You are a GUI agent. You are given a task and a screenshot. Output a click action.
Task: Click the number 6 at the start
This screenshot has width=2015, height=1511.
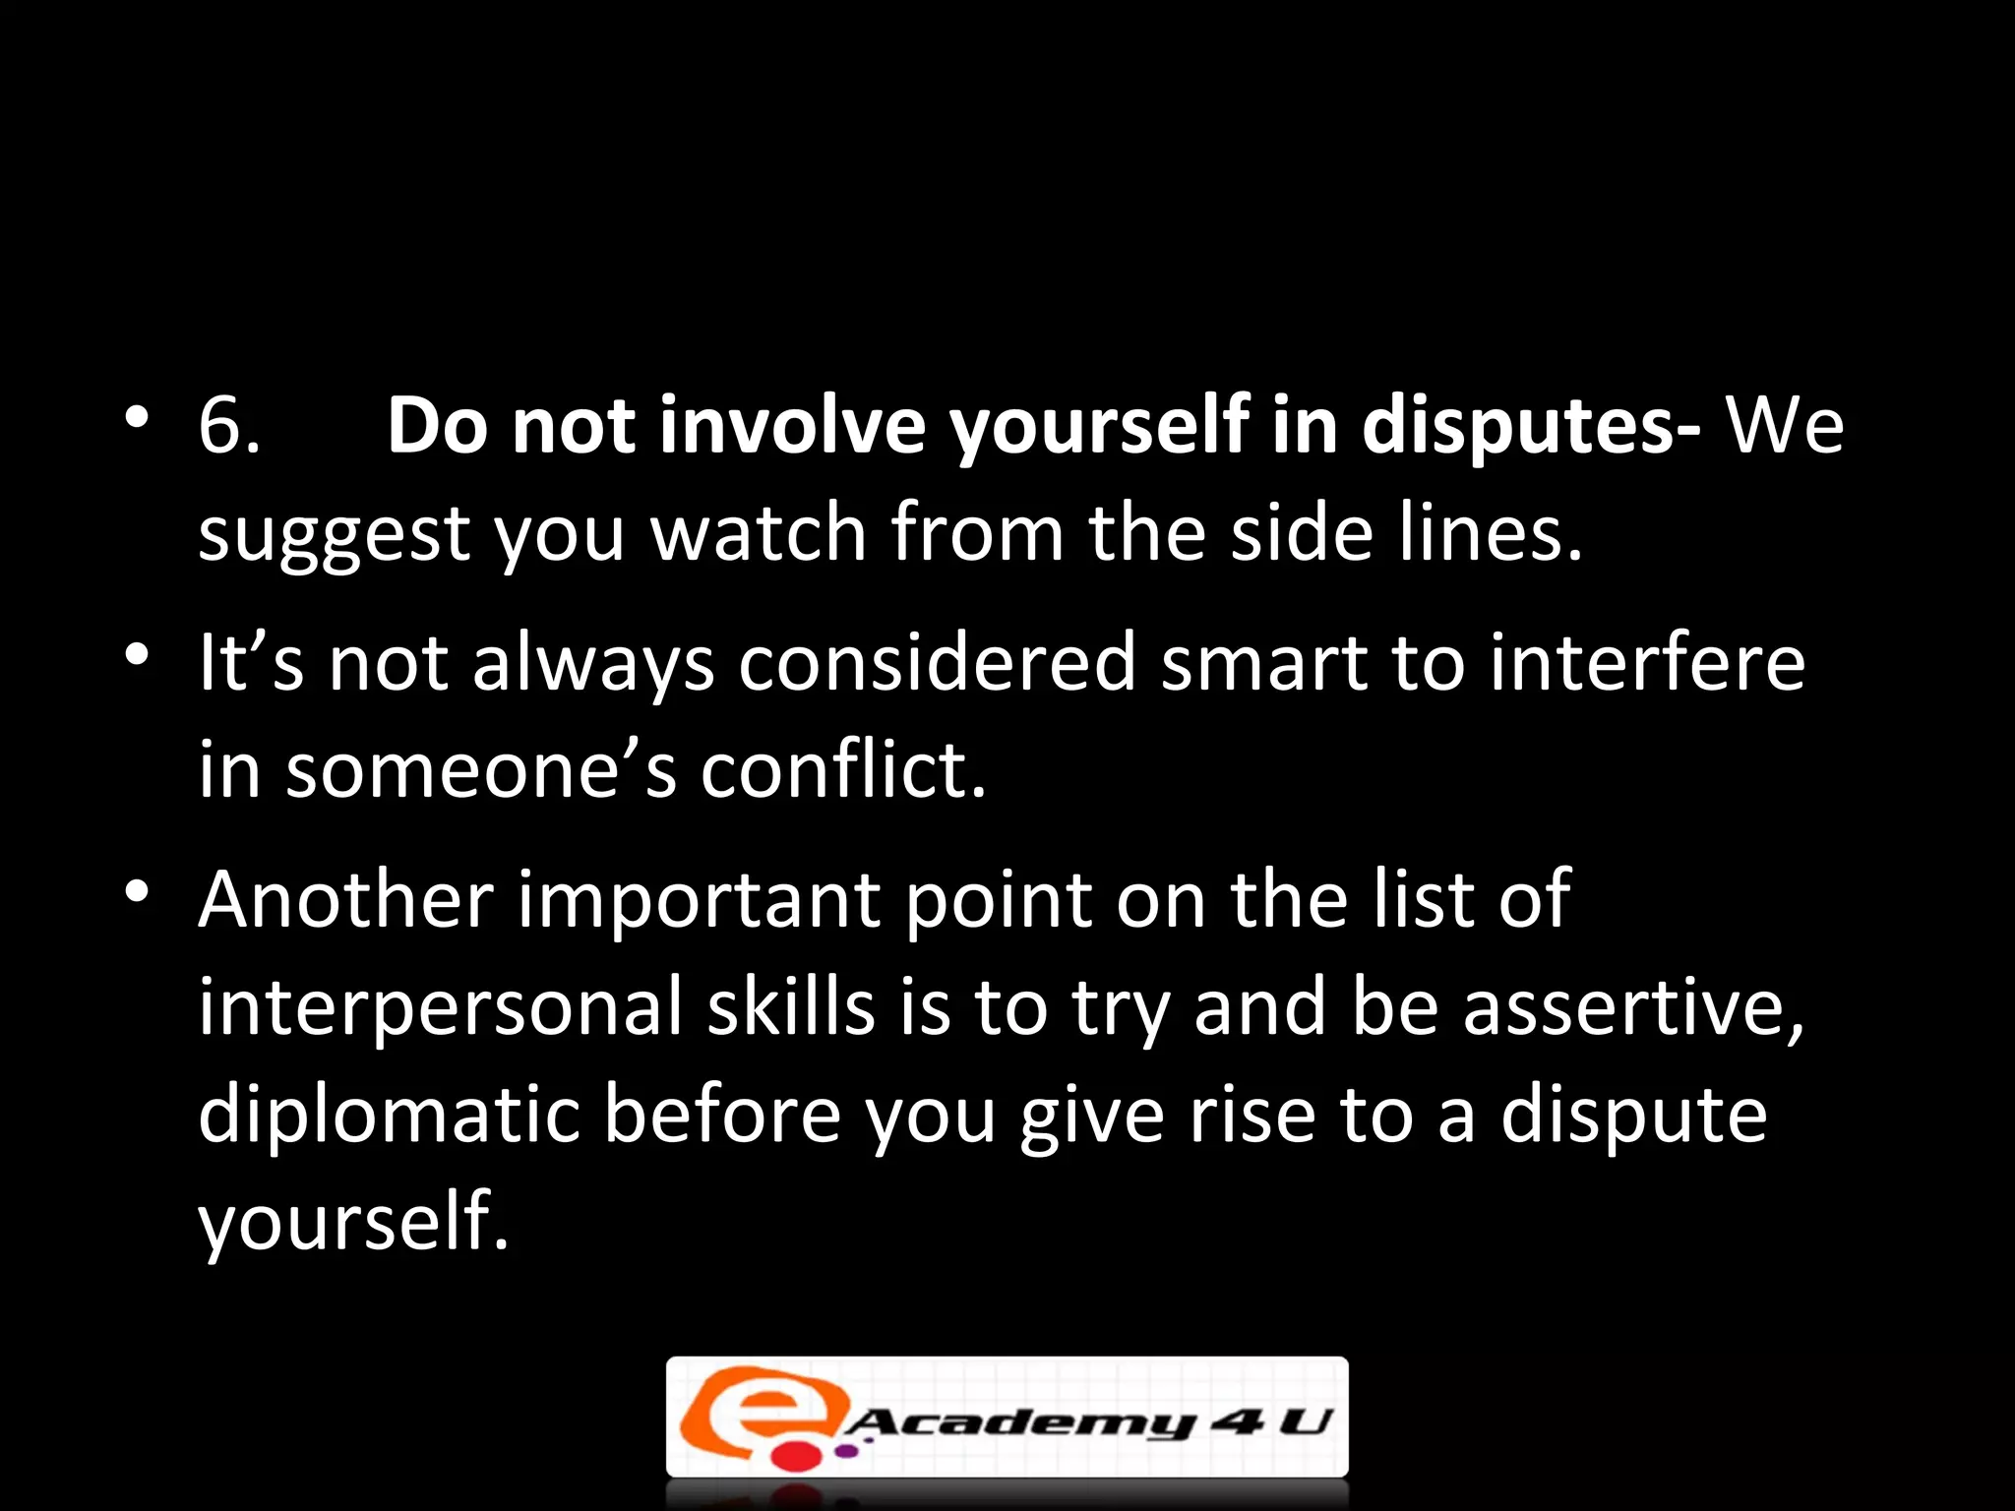[219, 425]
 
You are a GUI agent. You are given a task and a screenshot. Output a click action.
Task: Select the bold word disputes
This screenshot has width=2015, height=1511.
[1530, 425]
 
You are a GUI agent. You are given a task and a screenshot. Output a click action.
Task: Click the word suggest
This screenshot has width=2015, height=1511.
[335, 534]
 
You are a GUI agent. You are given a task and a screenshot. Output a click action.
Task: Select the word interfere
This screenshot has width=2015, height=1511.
[1646, 662]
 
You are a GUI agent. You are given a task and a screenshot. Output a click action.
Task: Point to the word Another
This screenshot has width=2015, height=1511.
[345, 899]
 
